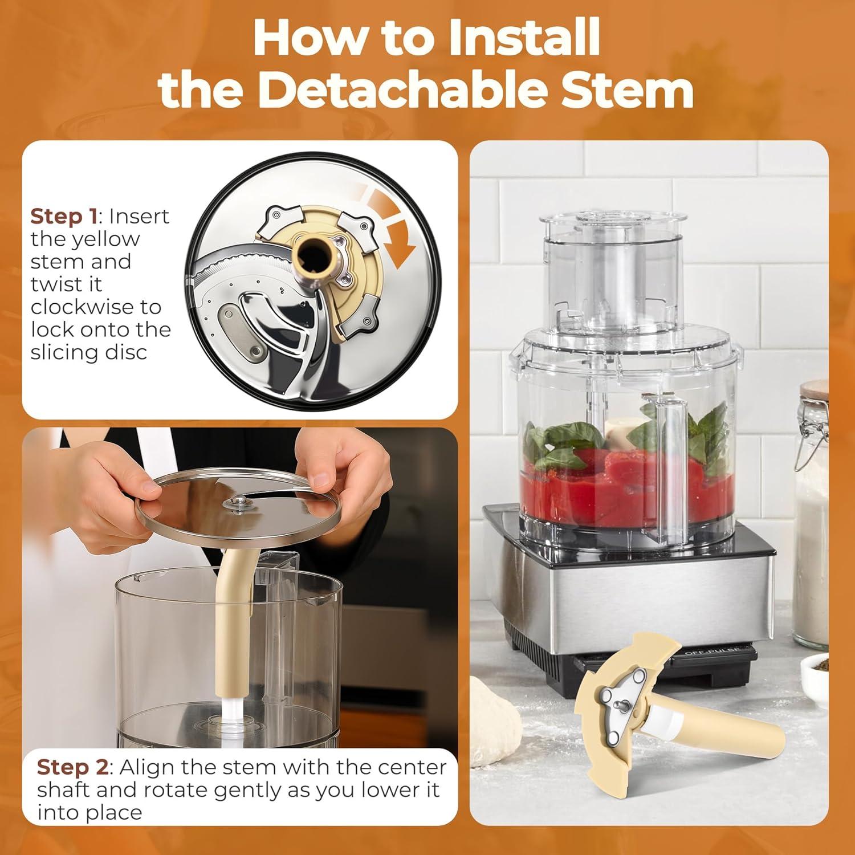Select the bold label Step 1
tap(62, 217)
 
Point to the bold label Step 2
tap(72, 767)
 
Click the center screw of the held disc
tap(240, 501)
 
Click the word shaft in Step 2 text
tap(63, 790)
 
